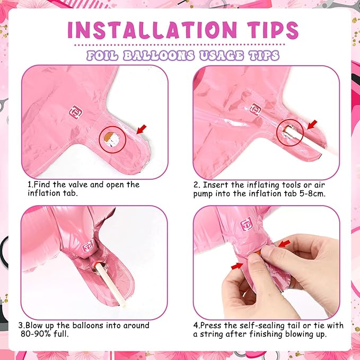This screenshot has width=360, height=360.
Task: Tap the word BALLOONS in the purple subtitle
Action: [x=159, y=56]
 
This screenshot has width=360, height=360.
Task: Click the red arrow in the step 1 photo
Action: [x=141, y=129]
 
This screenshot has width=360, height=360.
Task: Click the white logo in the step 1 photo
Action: [x=76, y=112]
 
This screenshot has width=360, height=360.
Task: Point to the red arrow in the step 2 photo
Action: [x=312, y=125]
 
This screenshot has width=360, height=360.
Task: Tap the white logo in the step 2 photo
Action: [x=256, y=109]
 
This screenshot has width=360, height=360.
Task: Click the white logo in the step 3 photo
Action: [x=88, y=246]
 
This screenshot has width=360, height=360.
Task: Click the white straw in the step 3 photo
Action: [x=111, y=285]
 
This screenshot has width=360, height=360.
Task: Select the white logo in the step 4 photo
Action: [x=247, y=224]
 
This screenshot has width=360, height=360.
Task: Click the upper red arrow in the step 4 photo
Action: [x=285, y=243]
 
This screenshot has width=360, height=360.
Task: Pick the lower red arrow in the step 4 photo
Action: [x=237, y=266]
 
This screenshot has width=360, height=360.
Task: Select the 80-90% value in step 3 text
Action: [x=36, y=333]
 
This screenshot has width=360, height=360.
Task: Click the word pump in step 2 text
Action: [x=203, y=194]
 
